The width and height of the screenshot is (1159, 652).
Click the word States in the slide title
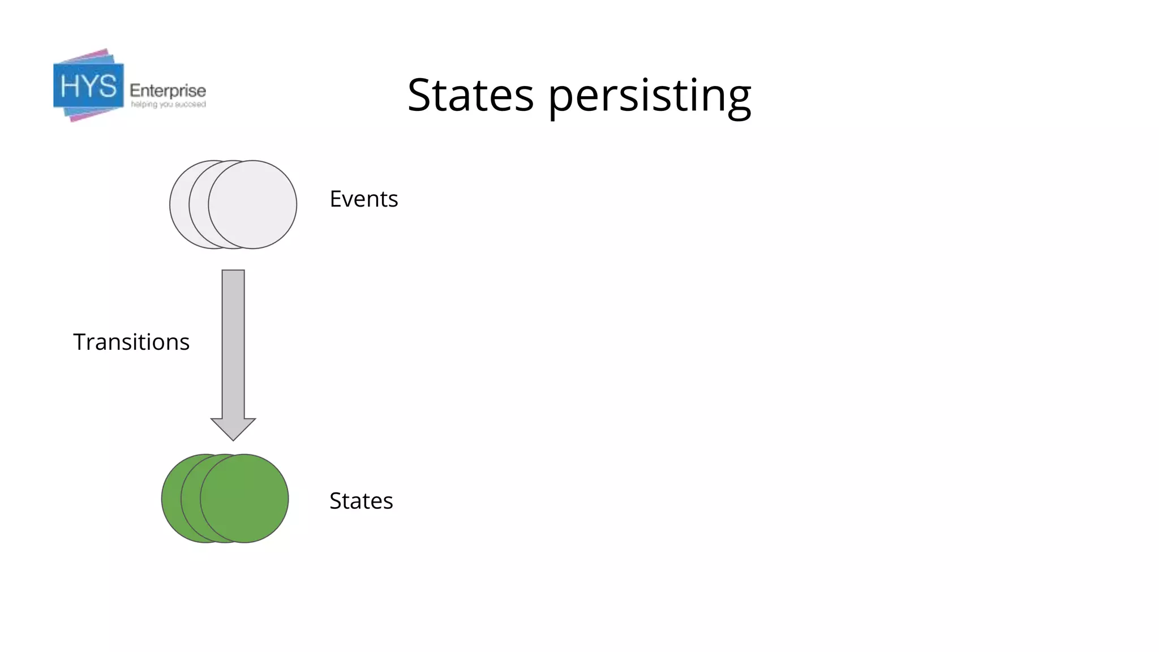tap(470, 95)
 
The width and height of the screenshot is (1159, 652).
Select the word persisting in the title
tap(650, 96)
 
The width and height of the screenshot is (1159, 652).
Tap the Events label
tap(364, 199)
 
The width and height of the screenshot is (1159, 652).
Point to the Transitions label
tap(131, 342)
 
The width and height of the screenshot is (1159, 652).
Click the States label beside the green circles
tap(361, 501)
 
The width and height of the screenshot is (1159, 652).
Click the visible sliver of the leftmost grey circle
tap(178, 204)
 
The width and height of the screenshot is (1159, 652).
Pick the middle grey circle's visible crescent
tap(198, 204)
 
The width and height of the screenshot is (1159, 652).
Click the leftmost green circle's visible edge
tap(170, 499)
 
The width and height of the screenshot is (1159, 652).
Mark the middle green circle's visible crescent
tap(190, 499)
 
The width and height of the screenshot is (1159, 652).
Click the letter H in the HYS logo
tap(70, 87)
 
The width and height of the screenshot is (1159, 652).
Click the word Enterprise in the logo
tap(168, 91)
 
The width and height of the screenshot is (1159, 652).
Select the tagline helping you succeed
tap(168, 105)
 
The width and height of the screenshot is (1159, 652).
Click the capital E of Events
tap(335, 199)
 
